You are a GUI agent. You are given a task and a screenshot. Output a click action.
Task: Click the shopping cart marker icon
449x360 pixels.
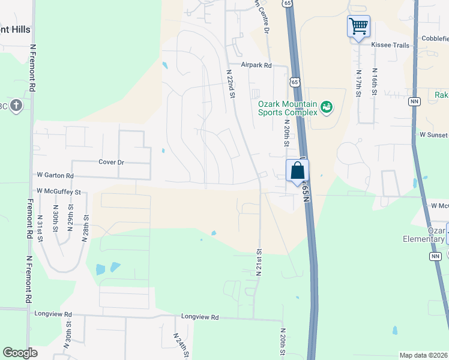point(358,26)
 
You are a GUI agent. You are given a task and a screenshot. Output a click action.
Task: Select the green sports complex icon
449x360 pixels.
point(327,107)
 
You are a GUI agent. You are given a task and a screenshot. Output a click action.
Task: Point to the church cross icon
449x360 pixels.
point(16,106)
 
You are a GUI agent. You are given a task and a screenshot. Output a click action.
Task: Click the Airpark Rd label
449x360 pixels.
point(256,65)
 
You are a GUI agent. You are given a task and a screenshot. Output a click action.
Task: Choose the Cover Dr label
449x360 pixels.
point(111,162)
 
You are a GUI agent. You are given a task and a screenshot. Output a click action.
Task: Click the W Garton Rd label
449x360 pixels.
point(55,176)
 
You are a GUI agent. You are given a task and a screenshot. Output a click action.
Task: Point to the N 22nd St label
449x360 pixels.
point(230,83)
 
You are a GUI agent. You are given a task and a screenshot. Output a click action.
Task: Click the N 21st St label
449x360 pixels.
point(259,262)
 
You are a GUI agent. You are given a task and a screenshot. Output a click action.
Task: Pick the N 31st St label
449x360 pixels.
point(41,229)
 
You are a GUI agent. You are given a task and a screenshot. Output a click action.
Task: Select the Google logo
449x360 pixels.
point(20,353)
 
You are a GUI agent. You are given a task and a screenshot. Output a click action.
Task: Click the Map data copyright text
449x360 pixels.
point(424,355)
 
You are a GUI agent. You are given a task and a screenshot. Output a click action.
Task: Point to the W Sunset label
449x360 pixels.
point(434,135)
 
